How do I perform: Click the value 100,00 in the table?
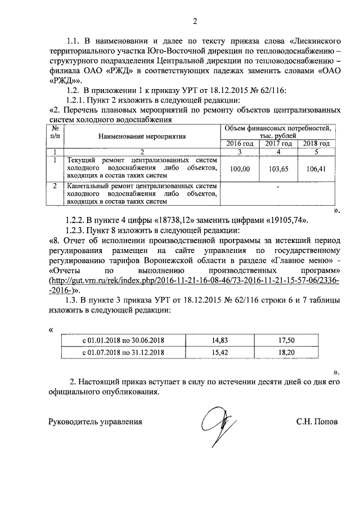click(240, 168)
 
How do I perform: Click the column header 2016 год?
click(240, 144)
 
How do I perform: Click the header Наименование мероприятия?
click(142, 136)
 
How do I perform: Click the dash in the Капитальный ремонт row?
click(278, 187)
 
